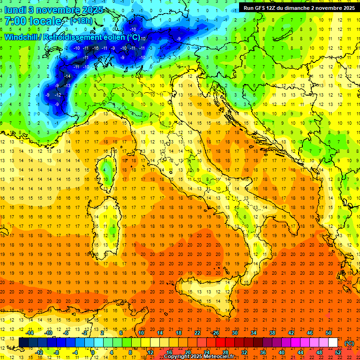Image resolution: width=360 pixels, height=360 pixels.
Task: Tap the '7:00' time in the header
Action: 15,21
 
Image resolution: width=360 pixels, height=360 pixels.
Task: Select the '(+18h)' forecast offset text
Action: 81,21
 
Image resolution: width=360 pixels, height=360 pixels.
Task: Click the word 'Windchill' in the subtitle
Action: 22,37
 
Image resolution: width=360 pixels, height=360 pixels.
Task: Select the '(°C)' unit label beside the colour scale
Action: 349,343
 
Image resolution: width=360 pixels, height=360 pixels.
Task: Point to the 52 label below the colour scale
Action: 338,352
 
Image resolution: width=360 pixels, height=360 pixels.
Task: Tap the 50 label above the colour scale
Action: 329,333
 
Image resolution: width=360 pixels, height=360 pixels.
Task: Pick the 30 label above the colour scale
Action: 234,333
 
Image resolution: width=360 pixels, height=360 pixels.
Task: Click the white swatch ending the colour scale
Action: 333,342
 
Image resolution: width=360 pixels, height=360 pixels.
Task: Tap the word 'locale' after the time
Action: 46,21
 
